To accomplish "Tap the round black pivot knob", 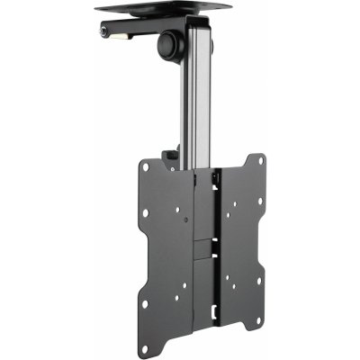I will click(168, 42).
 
